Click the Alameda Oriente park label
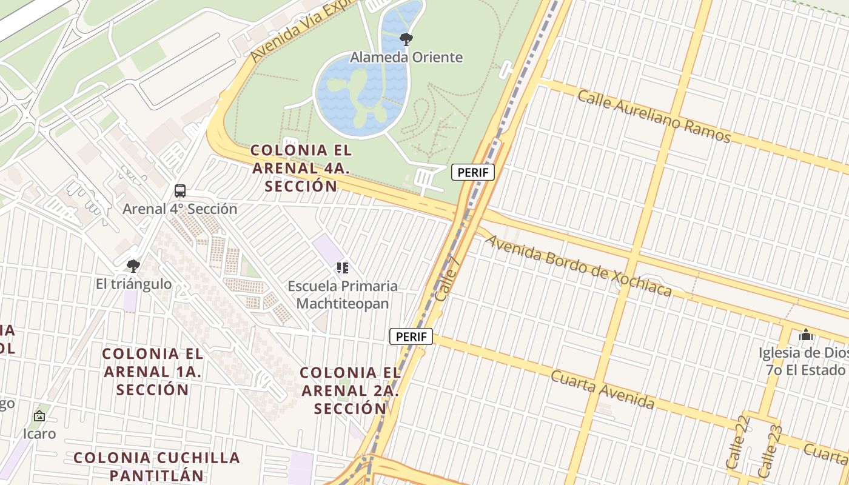406,58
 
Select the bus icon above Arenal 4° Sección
180,191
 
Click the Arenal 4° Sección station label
180,209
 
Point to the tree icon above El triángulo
133,266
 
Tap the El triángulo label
133,284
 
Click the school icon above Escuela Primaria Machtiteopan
343,267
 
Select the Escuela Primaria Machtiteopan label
343,295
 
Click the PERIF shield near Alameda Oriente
473,172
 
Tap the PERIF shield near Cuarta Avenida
411,336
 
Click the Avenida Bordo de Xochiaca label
579,266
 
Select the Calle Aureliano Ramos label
654,116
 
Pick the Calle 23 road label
769,450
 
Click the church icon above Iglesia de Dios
805,335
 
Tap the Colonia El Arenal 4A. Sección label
301,168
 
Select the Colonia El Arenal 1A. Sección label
153,371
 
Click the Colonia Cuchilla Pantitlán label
157,466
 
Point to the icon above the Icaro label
39,416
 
